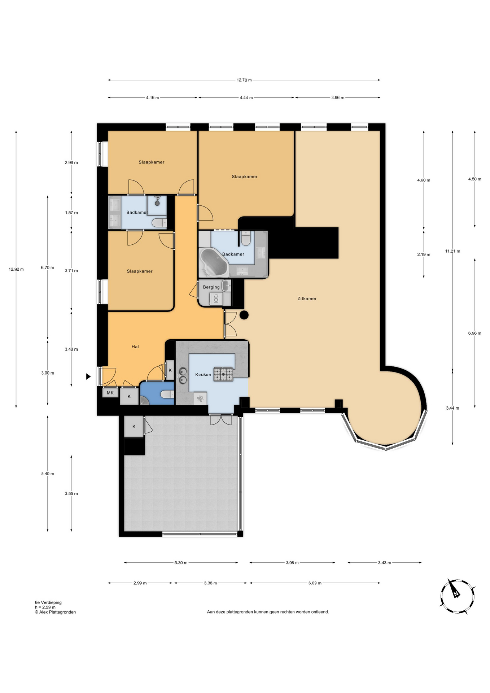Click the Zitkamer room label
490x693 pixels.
pos(307,298)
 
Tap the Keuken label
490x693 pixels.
pos(203,375)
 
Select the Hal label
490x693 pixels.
pos(135,346)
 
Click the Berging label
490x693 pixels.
pos(211,287)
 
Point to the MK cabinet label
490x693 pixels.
pos(110,393)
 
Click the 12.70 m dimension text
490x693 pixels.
pos(244,80)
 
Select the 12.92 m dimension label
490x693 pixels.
pos(16,269)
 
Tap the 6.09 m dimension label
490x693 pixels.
pos(315,583)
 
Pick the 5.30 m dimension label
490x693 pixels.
pos(181,563)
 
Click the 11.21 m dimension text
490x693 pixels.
pos(452,251)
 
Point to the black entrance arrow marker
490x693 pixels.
pos(88,377)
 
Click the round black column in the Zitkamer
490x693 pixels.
pos(244,315)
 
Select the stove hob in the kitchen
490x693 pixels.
pos(223,374)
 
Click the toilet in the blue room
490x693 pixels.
pos(167,395)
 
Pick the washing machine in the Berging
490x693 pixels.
pos(216,299)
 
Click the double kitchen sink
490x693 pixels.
pos(183,375)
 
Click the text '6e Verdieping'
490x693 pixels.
pos(48,602)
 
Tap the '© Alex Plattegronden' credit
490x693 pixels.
pos(55,612)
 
